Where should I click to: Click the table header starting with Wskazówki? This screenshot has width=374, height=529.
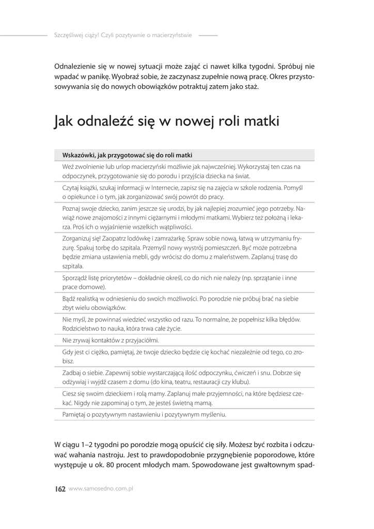coord(127,154)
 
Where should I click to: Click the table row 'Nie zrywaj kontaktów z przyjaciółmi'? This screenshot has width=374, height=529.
coord(110,340)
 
